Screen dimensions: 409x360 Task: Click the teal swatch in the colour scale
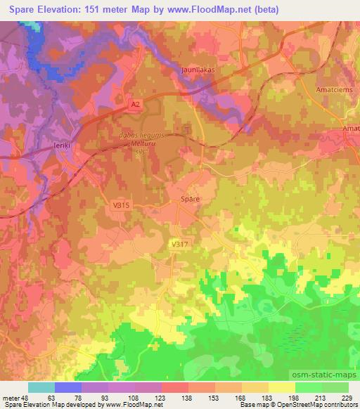click(41, 387)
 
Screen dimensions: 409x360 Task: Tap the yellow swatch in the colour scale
click(281, 387)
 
